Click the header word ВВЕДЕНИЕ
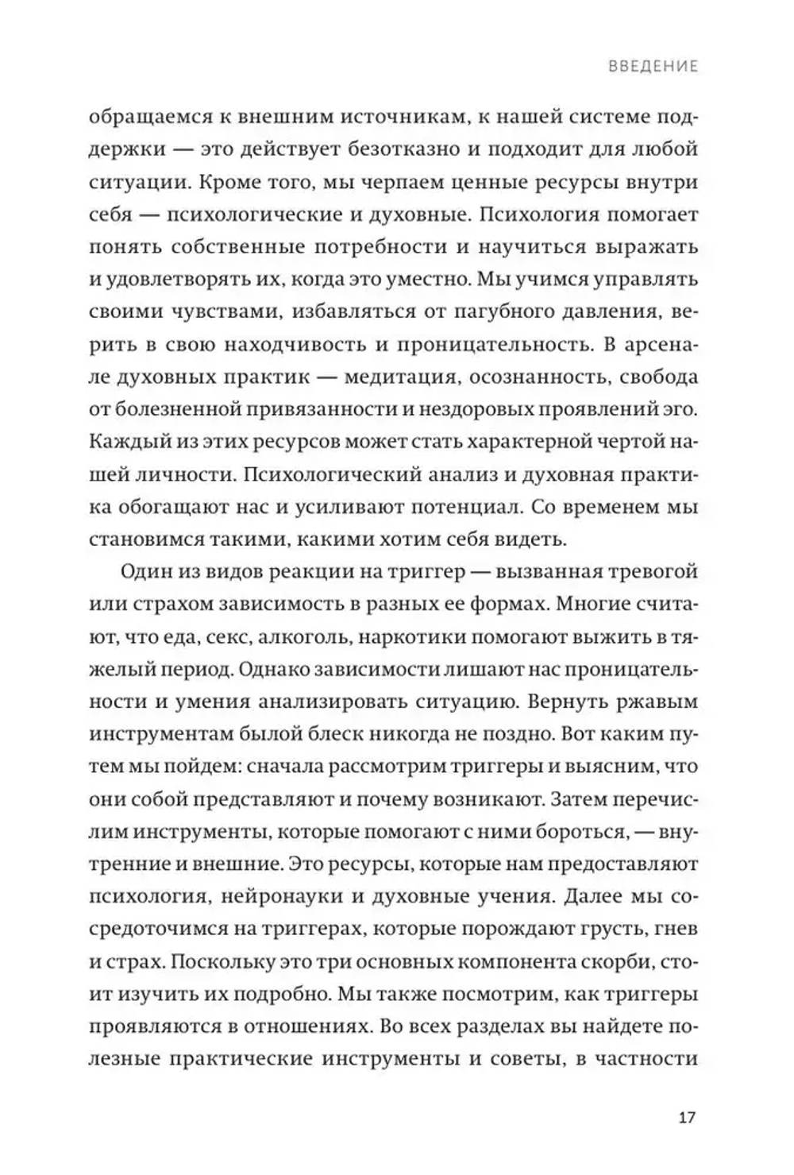(653, 67)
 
